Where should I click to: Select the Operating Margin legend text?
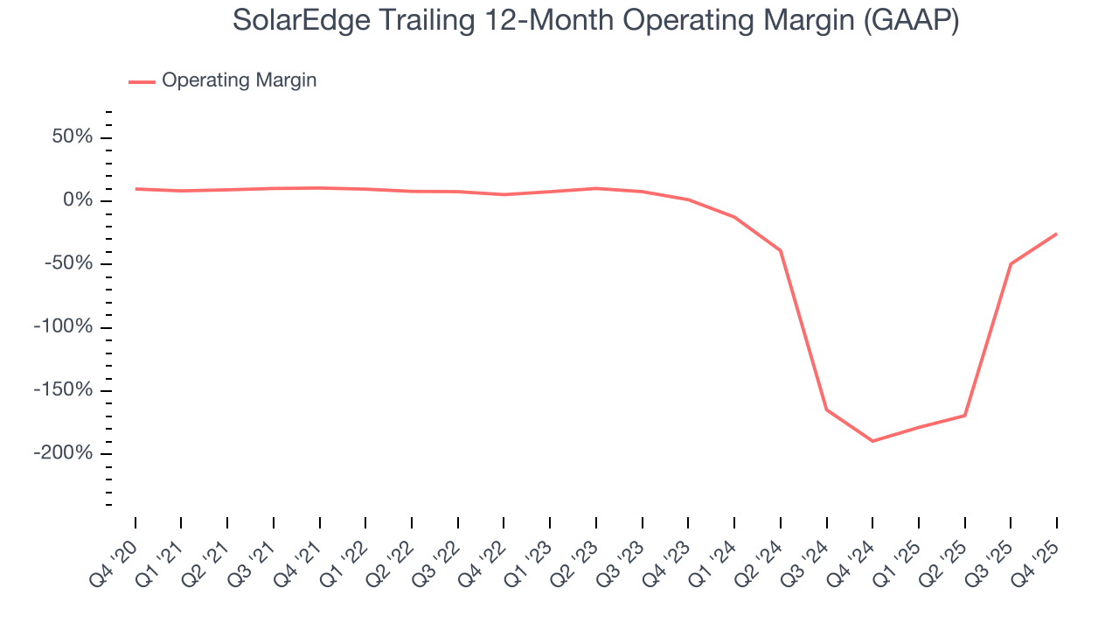(239, 80)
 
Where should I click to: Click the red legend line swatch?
(142, 81)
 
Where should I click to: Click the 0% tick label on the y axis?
(79, 200)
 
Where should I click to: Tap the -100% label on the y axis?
(63, 327)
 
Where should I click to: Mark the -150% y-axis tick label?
(63, 390)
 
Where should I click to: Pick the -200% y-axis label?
(63, 453)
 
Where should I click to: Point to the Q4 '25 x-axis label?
(1036, 561)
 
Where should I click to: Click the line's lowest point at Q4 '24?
(872, 441)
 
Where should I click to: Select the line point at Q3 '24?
(826, 409)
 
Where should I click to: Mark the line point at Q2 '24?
(780, 250)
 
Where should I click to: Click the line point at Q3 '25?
(1011, 263)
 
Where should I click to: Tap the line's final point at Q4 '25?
(1056, 234)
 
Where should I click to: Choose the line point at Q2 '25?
(964, 415)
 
